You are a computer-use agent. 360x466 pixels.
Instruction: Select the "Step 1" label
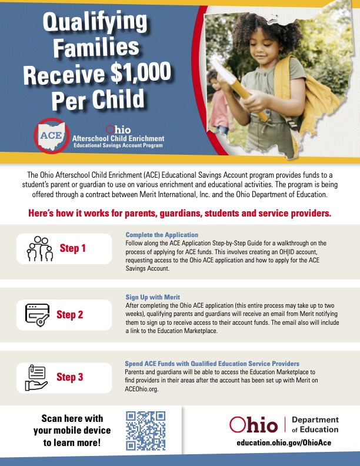[x=73, y=248]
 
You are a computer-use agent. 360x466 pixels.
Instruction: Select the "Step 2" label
[x=69, y=314]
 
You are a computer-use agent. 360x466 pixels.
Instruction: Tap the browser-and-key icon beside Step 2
[x=38, y=314]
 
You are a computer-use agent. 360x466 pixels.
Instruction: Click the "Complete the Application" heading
[x=162, y=235]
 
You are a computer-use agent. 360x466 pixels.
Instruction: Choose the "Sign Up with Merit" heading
[x=152, y=297]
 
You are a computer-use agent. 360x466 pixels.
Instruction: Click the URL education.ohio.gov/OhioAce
[x=288, y=442]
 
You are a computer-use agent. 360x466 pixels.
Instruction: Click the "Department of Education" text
[x=315, y=424]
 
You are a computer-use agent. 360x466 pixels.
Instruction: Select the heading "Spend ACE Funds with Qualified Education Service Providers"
[x=212, y=364]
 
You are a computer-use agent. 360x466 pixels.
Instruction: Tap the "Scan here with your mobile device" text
[x=72, y=430]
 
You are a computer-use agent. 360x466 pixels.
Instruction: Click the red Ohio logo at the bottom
[x=254, y=424]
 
